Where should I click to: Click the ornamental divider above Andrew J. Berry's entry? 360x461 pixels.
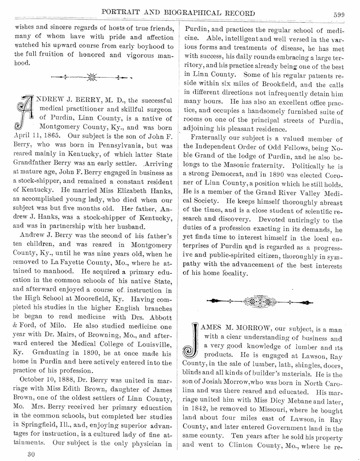[91, 77]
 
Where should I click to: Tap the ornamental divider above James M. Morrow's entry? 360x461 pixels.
[259, 302]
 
